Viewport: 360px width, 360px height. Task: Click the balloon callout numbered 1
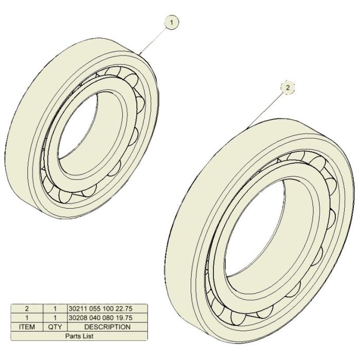pos(171,23)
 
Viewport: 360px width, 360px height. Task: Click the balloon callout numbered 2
pos(287,87)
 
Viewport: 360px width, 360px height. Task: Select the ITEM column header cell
pos(27,327)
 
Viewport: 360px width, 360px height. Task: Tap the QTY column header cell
pos(55,327)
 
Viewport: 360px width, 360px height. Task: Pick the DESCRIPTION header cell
pos(107,327)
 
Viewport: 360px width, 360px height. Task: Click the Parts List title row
pos(79,336)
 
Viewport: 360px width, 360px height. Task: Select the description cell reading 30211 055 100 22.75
pos(107,309)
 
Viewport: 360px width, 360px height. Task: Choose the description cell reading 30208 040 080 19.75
pos(107,318)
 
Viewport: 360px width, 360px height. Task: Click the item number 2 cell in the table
pos(27,309)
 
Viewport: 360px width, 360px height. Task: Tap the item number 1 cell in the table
pos(27,318)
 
